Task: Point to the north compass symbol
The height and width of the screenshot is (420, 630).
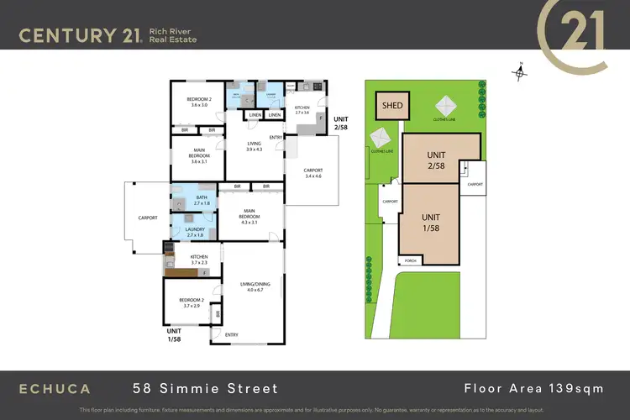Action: click(x=521, y=73)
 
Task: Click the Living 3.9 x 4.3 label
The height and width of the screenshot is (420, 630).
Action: click(x=254, y=146)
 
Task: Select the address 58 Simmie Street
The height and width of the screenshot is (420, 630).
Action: click(x=205, y=388)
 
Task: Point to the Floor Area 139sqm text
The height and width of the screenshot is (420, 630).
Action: click(x=530, y=388)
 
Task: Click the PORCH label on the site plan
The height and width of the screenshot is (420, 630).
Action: click(x=411, y=261)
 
